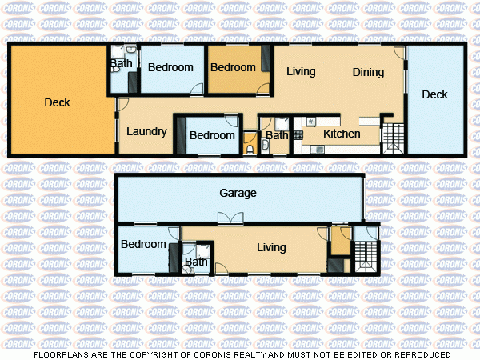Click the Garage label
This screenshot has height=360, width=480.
[238, 194]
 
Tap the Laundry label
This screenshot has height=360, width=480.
[146, 132]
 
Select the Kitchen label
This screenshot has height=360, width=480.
[342, 134]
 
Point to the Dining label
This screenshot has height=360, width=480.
[368, 72]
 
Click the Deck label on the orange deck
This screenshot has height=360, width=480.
[57, 102]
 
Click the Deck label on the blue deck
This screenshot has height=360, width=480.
[434, 94]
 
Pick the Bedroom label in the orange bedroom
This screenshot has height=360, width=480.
[233, 67]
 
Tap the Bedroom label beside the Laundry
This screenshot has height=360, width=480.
[212, 135]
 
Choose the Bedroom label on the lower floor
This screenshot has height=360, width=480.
[144, 244]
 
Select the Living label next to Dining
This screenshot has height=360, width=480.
[301, 71]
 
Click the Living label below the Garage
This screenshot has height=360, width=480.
[271, 247]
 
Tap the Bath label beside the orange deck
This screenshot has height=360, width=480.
[122, 64]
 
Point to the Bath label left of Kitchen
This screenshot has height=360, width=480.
[277, 135]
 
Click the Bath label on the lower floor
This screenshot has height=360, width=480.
[196, 262]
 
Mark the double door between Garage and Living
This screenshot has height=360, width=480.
[230, 218]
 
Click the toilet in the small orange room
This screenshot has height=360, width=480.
[250, 148]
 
